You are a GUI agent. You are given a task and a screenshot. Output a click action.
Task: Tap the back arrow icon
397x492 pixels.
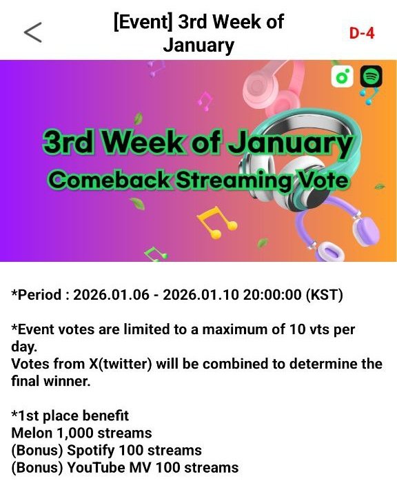(x=32, y=32)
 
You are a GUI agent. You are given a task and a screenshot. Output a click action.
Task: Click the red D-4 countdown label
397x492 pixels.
(x=361, y=33)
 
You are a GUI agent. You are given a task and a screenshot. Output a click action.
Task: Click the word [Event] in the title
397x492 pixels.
(x=143, y=21)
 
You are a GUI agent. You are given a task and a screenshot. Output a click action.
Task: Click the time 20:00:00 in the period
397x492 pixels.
(x=270, y=295)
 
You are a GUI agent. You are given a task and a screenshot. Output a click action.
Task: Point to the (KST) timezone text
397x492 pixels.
(x=324, y=295)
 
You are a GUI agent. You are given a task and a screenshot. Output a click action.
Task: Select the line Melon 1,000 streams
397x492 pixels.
(x=81, y=433)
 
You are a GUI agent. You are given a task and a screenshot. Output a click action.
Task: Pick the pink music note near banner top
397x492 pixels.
(x=205, y=101)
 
